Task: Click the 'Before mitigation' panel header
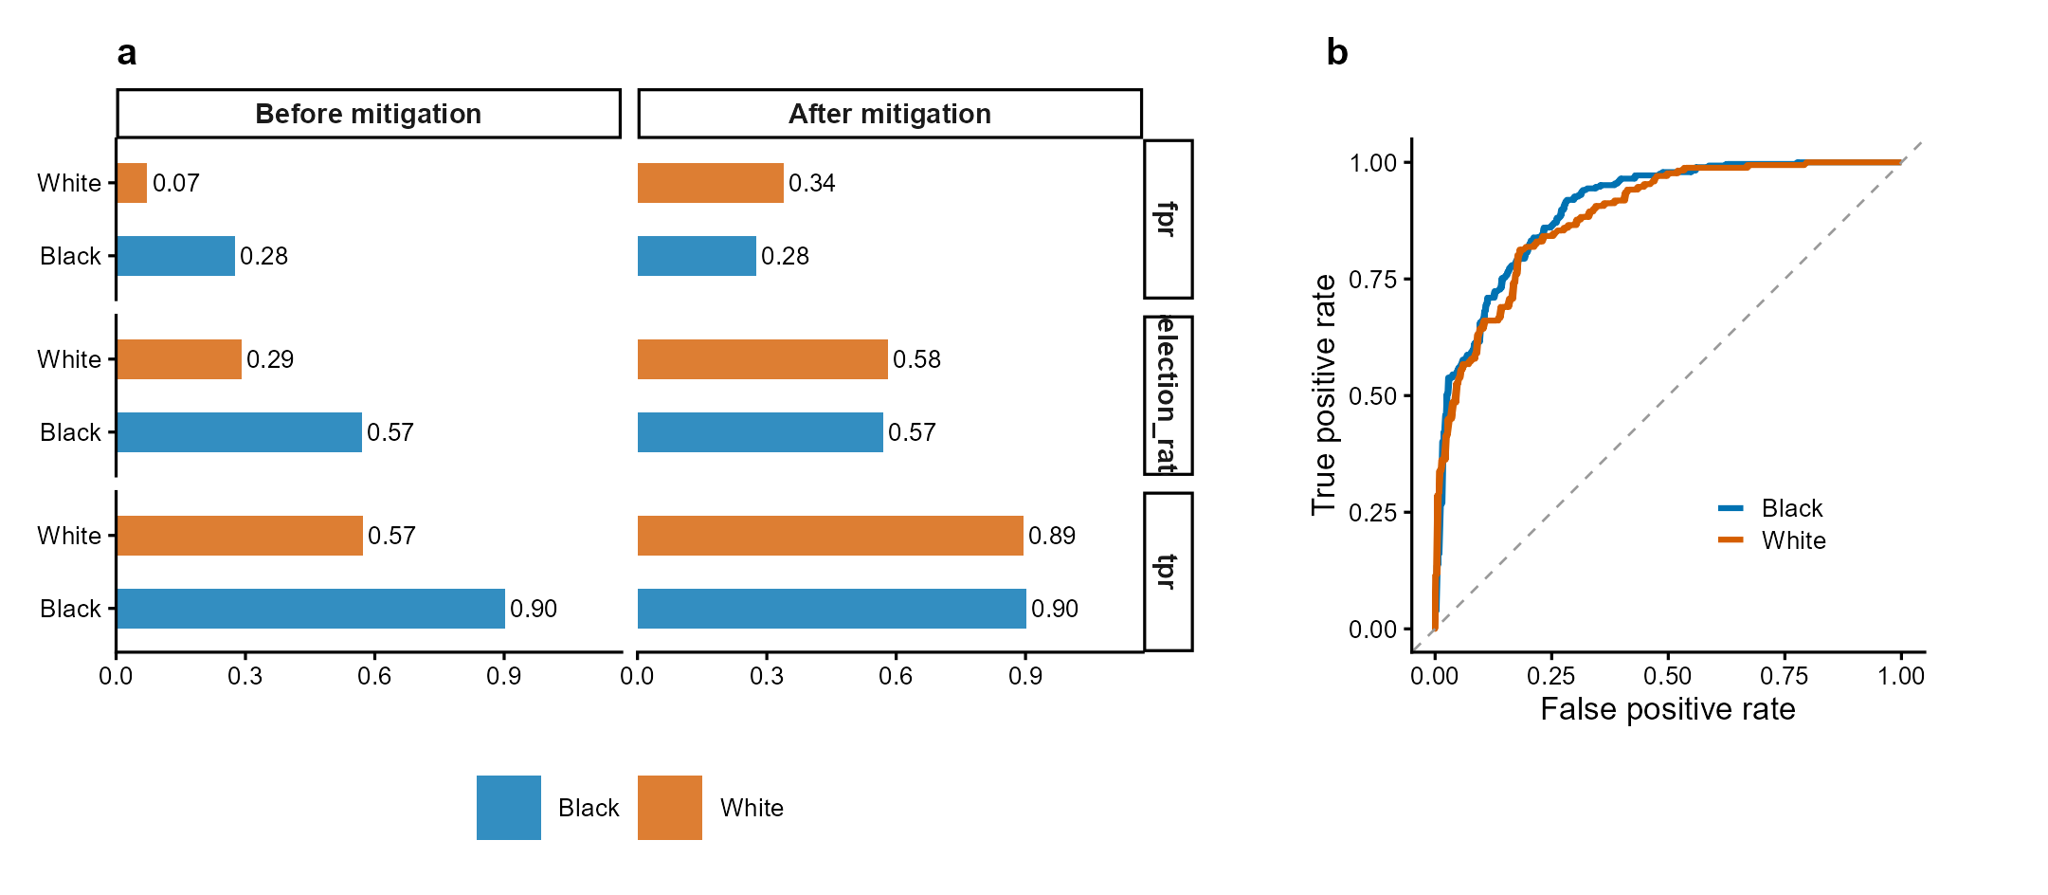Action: tap(368, 114)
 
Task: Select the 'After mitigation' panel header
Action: tap(889, 114)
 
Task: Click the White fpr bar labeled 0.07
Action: tap(132, 183)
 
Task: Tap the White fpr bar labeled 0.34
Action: tap(710, 183)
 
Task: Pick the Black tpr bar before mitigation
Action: tap(310, 609)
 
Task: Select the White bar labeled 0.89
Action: tap(830, 536)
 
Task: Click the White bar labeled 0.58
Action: tap(762, 359)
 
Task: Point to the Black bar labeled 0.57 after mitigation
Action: tap(760, 432)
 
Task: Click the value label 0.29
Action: tap(270, 359)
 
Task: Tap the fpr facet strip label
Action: tap(1168, 219)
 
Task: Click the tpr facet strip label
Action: tap(1168, 572)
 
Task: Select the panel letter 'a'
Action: tap(127, 53)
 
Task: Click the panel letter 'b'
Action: tap(1336, 53)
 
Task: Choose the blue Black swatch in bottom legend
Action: tap(509, 808)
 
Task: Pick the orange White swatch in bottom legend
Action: tap(670, 808)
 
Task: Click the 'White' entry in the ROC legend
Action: tap(1793, 540)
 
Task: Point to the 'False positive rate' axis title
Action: tap(1667, 709)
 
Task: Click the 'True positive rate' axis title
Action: tap(1324, 394)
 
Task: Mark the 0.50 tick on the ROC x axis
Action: tap(1667, 676)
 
